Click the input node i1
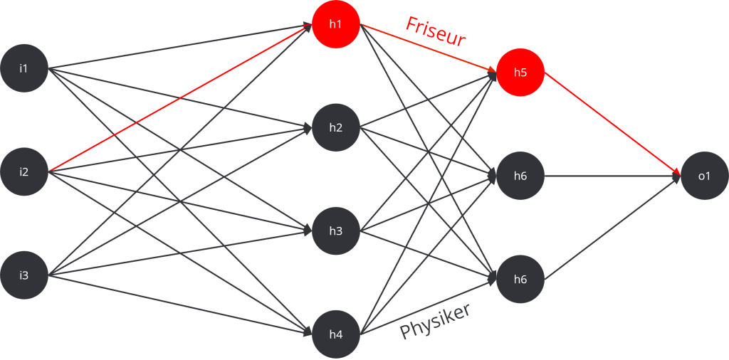[x=23, y=68]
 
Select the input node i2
[x=23, y=171]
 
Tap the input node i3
[x=23, y=275]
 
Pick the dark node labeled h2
[x=335, y=128]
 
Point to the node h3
[x=335, y=231]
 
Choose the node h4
[x=335, y=333]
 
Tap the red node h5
[x=520, y=73]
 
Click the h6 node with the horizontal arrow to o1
[x=520, y=176]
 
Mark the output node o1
[x=704, y=176]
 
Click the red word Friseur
[x=435, y=32]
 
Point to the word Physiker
[x=436, y=322]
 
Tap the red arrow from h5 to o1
[x=612, y=125]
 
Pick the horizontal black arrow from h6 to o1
[x=612, y=176]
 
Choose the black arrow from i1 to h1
[x=178, y=47]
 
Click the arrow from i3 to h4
[x=178, y=304]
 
